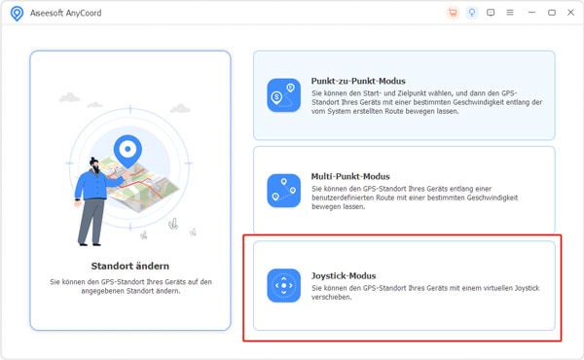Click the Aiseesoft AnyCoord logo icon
point(17,14)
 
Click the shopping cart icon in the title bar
point(453,13)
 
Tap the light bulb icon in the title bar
point(472,13)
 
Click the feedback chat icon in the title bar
point(491,13)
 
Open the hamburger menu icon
point(510,13)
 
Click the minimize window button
point(531,13)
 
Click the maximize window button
point(552,13)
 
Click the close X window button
point(570,13)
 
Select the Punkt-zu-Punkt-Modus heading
point(358,81)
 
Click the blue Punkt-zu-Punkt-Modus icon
point(284,95)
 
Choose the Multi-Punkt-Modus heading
point(350,176)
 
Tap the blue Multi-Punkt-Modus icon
point(284,191)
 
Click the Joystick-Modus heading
point(344,276)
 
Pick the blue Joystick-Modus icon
point(284,285)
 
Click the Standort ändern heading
point(130,266)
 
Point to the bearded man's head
point(94,165)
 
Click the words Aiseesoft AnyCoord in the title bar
point(65,13)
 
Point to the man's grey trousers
point(91,221)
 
